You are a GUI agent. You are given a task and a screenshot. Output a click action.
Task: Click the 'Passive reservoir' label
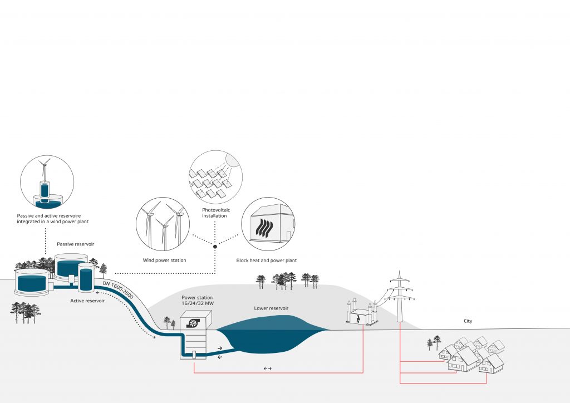click(75, 244)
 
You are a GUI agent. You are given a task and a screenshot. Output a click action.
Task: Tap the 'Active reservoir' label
click(87, 301)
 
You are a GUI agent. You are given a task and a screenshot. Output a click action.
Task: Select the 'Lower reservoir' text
click(271, 308)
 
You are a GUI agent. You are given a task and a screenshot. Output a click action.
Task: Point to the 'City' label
click(468, 321)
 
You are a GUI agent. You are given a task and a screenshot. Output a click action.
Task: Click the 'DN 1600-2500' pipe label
click(118, 290)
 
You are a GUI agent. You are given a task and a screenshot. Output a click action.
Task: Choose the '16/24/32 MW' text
click(198, 303)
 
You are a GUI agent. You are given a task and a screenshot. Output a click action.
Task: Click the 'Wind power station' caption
click(164, 260)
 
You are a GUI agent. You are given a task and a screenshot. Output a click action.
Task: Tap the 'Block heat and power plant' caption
click(267, 261)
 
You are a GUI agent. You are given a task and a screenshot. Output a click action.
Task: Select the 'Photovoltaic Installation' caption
click(216, 213)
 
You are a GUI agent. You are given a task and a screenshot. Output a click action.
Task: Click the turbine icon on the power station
click(194, 323)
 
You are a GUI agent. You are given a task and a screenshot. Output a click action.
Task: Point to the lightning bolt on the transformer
click(359, 319)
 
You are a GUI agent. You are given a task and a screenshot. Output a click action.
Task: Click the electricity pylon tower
click(400, 296)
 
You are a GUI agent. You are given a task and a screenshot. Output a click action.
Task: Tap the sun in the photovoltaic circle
click(233, 159)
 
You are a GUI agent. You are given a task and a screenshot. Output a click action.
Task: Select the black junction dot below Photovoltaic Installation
click(215, 247)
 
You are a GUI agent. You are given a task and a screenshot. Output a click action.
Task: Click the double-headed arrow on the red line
click(268, 368)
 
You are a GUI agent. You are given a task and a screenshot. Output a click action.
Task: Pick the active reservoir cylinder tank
click(86, 277)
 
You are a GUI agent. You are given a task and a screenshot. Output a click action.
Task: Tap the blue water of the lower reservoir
click(273, 335)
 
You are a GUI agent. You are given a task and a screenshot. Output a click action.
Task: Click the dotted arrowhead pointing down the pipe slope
click(154, 337)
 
